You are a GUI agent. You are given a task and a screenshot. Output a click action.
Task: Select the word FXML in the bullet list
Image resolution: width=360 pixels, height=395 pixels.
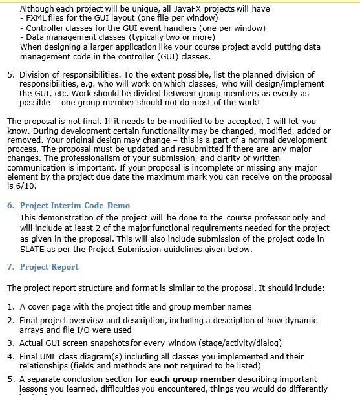tap(37, 19)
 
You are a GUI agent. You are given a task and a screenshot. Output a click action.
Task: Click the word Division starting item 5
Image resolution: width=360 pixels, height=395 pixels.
tap(36, 75)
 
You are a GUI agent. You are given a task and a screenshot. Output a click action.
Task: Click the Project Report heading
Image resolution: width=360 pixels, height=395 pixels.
tap(49, 267)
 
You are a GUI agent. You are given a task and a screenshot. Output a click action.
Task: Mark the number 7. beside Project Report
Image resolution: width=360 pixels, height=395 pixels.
tap(11, 267)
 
